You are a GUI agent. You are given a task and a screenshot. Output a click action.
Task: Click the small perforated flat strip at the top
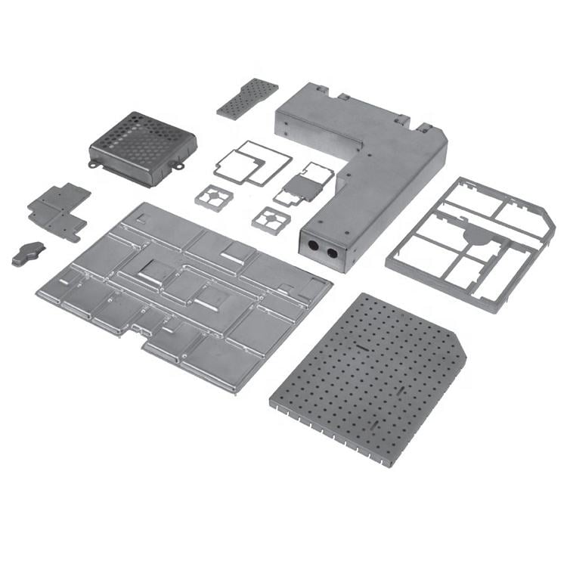tap(247, 98)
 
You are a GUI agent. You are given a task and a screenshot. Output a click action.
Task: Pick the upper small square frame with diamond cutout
tap(212, 197)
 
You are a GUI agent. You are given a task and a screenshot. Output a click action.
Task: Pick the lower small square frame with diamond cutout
tap(270, 220)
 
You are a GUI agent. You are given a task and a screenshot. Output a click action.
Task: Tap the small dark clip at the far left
tap(28, 253)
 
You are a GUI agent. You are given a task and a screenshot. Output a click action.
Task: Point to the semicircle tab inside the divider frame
tap(476, 236)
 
